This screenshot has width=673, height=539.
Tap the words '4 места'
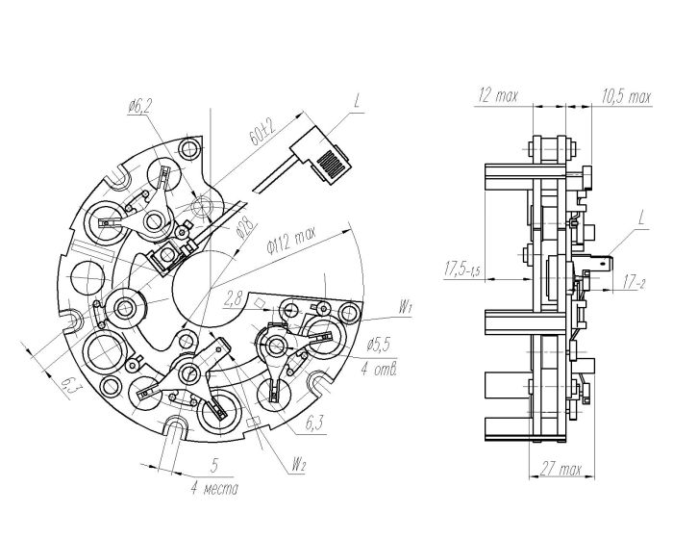pyautogui.click(x=213, y=489)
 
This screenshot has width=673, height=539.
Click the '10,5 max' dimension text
pyautogui.click(x=626, y=96)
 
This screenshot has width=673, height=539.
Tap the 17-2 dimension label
pyautogui.click(x=636, y=282)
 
